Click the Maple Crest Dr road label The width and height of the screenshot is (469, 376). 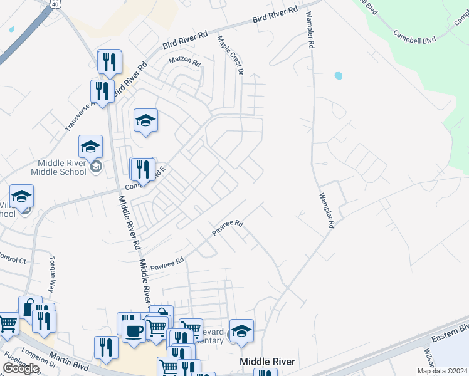pos(230,55)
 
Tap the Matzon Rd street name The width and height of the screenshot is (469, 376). pos(184,62)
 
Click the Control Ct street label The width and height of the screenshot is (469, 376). pos(13,259)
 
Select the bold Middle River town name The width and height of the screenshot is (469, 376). pos(268,362)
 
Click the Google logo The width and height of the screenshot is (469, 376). pos(20,368)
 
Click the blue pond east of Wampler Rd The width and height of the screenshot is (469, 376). pos(338,76)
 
